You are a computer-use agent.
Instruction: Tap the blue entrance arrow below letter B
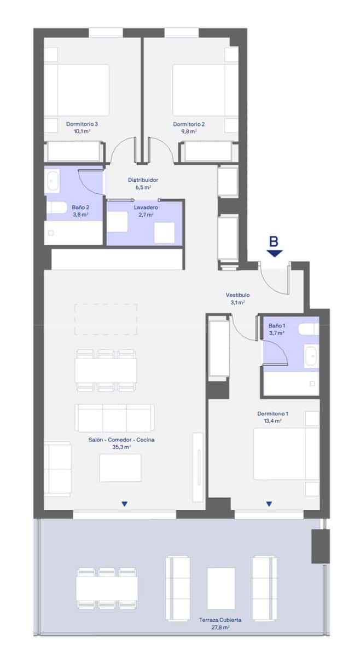(275, 253)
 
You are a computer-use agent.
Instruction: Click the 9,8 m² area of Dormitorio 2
(189, 131)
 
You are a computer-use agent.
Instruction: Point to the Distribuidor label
(143, 180)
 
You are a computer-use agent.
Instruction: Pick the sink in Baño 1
(311, 356)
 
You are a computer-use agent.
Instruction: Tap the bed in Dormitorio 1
(284, 454)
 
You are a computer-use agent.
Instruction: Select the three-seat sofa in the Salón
(114, 418)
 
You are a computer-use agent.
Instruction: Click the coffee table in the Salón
(120, 468)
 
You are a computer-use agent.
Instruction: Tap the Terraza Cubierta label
(220, 620)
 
